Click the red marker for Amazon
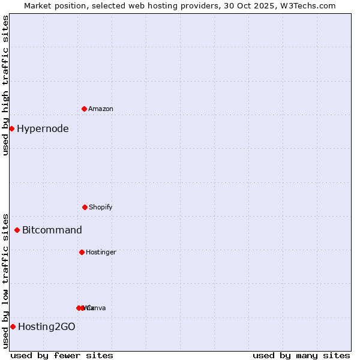[x=84, y=109]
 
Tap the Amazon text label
[x=101, y=109]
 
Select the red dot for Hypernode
[x=11, y=128]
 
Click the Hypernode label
[x=43, y=128]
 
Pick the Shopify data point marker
[x=85, y=207]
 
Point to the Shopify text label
[x=101, y=207]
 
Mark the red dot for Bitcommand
[x=17, y=230]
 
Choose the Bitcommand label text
[x=52, y=230]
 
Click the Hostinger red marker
[x=82, y=252]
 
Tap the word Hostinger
[x=101, y=252]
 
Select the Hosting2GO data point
[x=13, y=326]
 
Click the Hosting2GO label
[x=47, y=326]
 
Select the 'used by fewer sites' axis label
[x=62, y=355]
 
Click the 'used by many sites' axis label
[x=301, y=355]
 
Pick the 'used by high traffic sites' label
[x=5, y=85]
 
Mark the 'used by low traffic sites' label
[x=5, y=280]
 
